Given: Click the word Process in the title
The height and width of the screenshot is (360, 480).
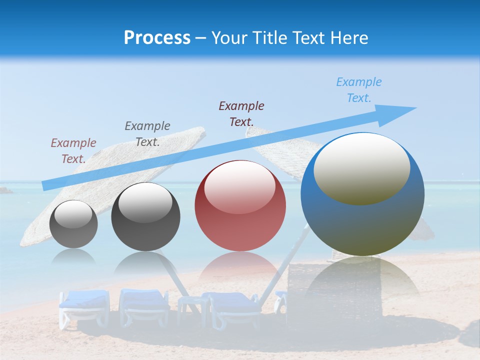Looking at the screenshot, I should (157, 37).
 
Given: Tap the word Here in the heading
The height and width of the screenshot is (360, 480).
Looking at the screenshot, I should (349, 37).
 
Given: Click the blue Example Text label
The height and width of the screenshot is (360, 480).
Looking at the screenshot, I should (358, 90).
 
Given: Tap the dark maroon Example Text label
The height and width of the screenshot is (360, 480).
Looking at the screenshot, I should (241, 113).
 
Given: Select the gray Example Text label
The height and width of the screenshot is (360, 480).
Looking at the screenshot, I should (147, 133).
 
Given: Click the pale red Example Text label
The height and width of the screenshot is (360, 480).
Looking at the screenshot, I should (73, 150).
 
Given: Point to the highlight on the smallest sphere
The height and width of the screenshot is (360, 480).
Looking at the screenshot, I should (73, 214).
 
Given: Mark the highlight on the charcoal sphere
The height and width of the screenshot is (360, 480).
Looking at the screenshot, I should (145, 202).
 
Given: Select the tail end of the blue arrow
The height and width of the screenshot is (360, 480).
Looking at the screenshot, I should (46, 186).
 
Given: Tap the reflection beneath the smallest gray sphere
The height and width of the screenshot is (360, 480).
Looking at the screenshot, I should (73, 257).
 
